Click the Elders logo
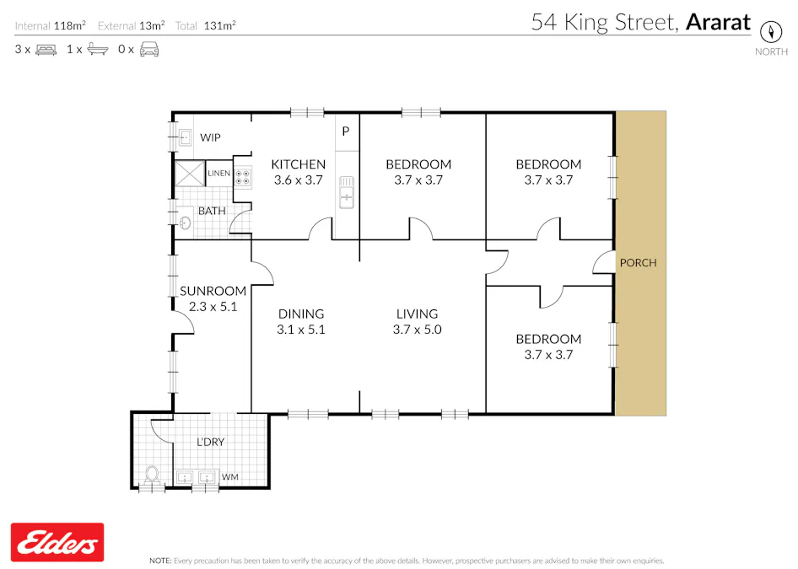[57, 542]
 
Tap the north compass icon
[771, 32]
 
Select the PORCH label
[638, 263]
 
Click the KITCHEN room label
[298, 164]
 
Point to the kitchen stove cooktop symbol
[243, 177]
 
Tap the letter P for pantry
[345, 132]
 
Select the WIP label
[210, 137]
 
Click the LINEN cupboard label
[218, 174]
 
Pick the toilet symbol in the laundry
[153, 475]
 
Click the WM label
[229, 478]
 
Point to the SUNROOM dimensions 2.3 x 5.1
[213, 307]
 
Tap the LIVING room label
[417, 314]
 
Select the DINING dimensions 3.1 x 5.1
[301, 330]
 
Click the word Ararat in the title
[717, 22]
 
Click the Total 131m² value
[219, 26]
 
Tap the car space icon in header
[149, 49]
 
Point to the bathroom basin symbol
[184, 223]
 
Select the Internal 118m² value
[69, 26]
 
